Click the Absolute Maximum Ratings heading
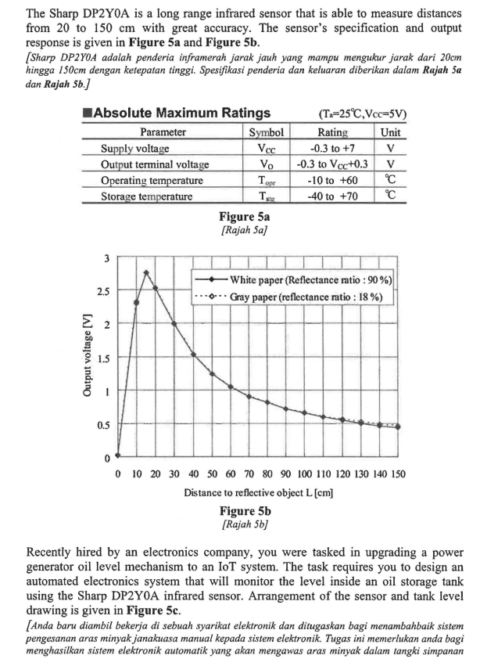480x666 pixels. tap(181, 114)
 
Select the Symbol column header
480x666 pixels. tap(265, 132)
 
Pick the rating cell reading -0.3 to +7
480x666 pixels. tap(331, 148)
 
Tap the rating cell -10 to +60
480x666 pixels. tap(332, 180)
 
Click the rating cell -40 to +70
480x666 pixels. tap(332, 196)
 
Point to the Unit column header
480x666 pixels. tap(390, 132)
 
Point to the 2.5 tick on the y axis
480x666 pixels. tap(102, 291)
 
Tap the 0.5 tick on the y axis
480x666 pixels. tap(102, 425)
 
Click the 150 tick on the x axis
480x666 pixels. tap(397, 474)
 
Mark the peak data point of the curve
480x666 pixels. tap(145, 272)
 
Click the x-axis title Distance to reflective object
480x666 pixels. tap(256, 493)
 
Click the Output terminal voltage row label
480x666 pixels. tap(155, 164)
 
